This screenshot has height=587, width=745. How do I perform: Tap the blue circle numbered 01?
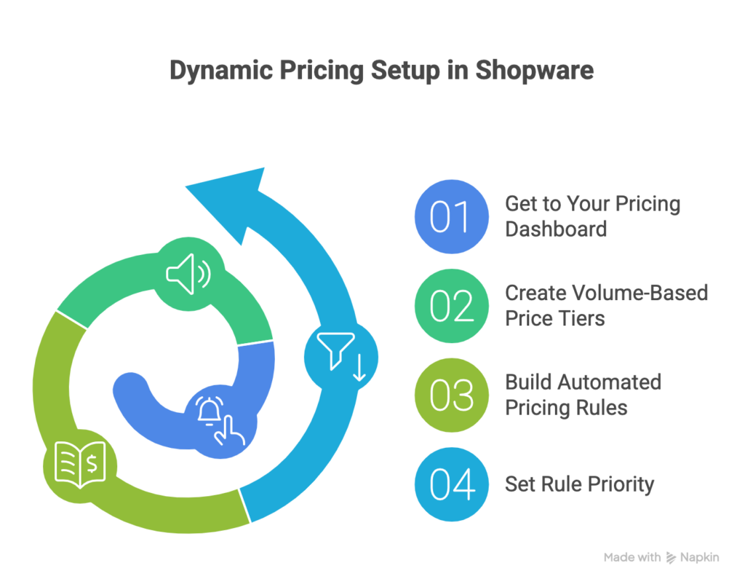pos(450,216)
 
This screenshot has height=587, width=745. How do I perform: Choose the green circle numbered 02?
pos(450,305)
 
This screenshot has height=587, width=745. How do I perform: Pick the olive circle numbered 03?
pos(450,395)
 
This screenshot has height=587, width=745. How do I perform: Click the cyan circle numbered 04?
pos(450,484)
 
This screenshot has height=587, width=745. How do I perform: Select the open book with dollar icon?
pos(80,463)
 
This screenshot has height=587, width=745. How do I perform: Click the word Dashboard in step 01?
pos(556,229)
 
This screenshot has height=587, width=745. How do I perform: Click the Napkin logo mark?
pos(672,558)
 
